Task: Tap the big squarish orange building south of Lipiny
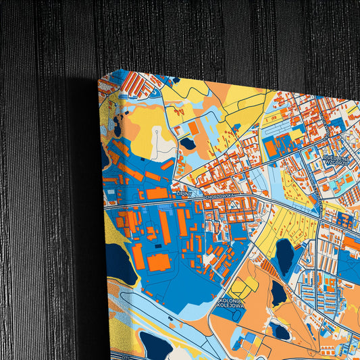point(159,261)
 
